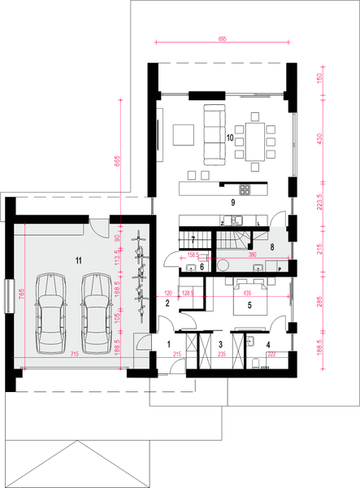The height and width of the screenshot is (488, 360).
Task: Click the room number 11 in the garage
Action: (x=78, y=260)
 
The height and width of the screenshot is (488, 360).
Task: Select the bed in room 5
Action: (x=247, y=302)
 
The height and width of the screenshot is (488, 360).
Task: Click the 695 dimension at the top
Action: (x=222, y=40)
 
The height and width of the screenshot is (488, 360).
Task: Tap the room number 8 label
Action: (x=272, y=246)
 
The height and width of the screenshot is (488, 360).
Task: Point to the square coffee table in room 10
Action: (x=182, y=132)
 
